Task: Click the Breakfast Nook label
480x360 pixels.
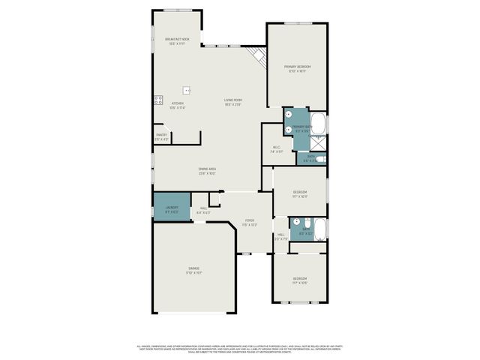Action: [x=177, y=40]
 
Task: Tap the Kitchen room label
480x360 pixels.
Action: [x=178, y=105]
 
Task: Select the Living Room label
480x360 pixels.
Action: [x=232, y=102]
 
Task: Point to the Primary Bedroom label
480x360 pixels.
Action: [x=297, y=68]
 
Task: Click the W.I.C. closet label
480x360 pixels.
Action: [x=276, y=149]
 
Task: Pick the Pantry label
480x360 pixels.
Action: [x=161, y=137]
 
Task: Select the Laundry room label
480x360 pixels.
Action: [x=172, y=210]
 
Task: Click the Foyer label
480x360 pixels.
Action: [x=249, y=222]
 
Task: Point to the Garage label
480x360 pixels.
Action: [x=194, y=270]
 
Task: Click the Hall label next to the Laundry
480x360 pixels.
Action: [x=203, y=211]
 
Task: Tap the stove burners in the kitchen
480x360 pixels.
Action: [x=158, y=99]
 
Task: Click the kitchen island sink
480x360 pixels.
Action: [x=187, y=91]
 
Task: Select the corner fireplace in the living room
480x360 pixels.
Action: [x=259, y=55]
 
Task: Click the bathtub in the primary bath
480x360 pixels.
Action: [x=319, y=123]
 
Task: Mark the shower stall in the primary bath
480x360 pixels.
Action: [x=319, y=143]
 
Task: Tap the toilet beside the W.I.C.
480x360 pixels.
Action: [x=320, y=158]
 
